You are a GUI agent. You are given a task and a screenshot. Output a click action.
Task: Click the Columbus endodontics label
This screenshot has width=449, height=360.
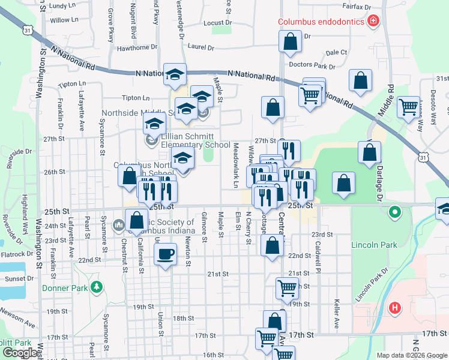[x=322, y=22]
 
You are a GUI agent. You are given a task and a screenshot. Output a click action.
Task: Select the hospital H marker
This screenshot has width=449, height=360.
[x=394, y=308]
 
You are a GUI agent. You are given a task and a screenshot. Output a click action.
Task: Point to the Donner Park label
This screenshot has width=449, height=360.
[x=66, y=287]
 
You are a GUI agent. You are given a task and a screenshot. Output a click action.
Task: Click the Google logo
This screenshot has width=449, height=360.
[x=19, y=353]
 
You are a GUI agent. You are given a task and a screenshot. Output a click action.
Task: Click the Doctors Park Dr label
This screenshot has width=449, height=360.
[x=312, y=65]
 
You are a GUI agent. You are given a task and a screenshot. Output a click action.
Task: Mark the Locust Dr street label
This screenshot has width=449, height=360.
[x=217, y=23]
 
